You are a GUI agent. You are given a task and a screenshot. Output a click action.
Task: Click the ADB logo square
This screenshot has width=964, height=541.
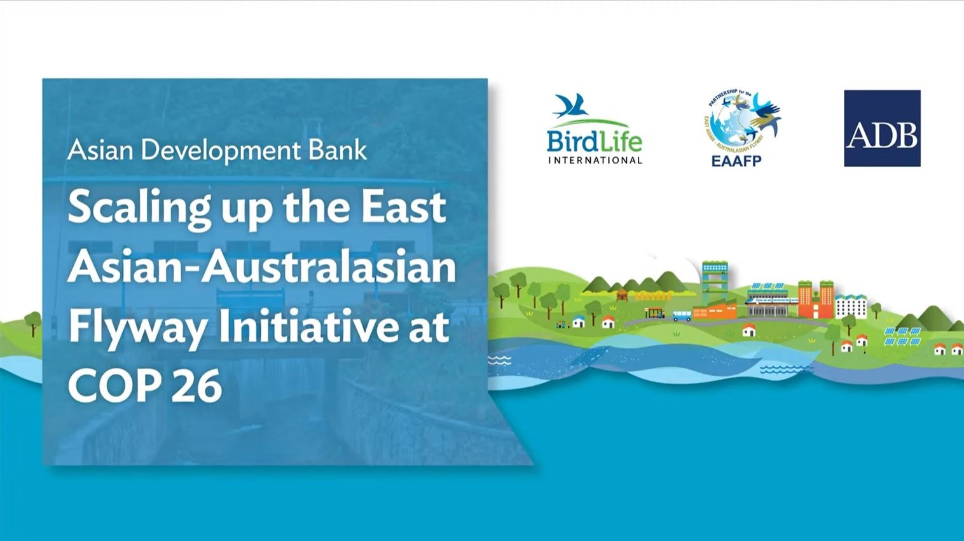pyautogui.click(x=882, y=128)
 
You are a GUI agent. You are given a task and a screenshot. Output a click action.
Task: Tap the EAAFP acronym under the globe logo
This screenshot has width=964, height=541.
pyautogui.click(x=737, y=161)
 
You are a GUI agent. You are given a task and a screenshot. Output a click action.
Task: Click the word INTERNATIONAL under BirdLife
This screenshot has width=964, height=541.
pyautogui.click(x=596, y=161)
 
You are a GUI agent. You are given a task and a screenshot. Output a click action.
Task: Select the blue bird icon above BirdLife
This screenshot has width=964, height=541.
pyautogui.click(x=571, y=106)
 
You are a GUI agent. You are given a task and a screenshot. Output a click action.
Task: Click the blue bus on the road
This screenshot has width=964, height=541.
pyautogui.click(x=682, y=317)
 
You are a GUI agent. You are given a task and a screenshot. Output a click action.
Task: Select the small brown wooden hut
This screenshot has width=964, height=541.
pyautogui.click(x=623, y=294)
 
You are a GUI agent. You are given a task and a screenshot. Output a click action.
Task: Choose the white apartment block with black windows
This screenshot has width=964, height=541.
pyautogui.click(x=851, y=306)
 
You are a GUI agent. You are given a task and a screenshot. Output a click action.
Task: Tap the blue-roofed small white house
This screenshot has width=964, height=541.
pyautogui.click(x=579, y=321)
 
